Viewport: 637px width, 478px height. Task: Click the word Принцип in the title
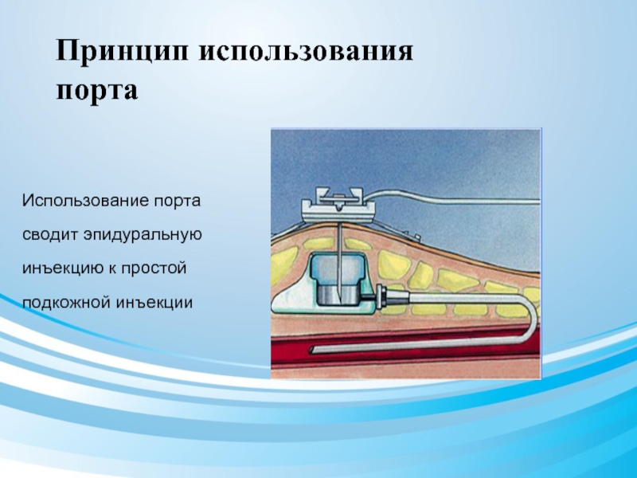point(123,52)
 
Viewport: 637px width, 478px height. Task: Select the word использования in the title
point(306,52)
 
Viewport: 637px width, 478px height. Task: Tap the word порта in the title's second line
point(96,90)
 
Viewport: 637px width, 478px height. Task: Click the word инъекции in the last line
point(154,303)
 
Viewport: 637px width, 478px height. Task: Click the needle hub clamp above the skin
point(338,206)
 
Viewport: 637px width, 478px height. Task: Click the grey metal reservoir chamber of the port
point(338,294)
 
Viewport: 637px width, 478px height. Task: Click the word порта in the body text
point(177,202)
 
